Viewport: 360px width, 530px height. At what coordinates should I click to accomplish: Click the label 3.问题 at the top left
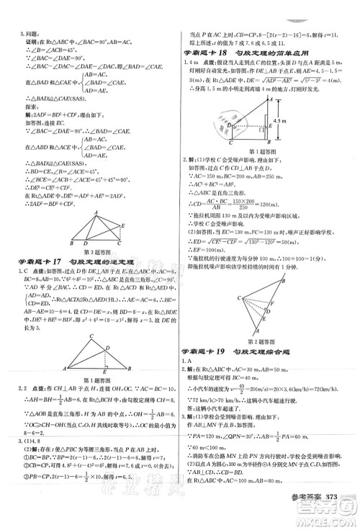point(17,34)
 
